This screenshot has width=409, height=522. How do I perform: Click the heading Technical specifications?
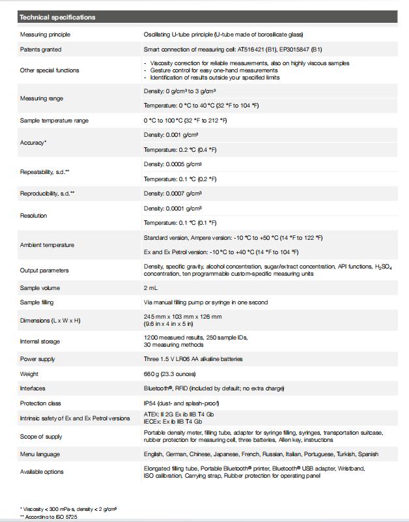click(x=57, y=18)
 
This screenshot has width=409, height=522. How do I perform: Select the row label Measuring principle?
click(x=45, y=35)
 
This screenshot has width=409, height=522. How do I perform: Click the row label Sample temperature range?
click(x=54, y=121)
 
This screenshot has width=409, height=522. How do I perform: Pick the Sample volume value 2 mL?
click(x=150, y=287)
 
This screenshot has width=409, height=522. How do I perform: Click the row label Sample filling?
click(x=38, y=302)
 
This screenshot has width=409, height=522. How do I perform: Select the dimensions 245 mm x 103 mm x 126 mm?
click(x=182, y=317)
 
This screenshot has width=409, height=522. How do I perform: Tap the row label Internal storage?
click(x=40, y=341)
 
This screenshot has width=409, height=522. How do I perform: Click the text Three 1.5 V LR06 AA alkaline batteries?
click(x=193, y=359)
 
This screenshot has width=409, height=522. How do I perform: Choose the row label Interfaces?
click(x=33, y=389)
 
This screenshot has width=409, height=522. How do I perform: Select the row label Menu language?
click(x=40, y=454)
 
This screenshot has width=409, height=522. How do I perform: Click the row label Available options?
click(x=42, y=472)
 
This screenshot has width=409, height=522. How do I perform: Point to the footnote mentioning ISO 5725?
click(x=49, y=515)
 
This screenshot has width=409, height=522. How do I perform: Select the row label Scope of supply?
click(x=41, y=437)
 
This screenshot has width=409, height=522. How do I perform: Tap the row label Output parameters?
click(x=44, y=270)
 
